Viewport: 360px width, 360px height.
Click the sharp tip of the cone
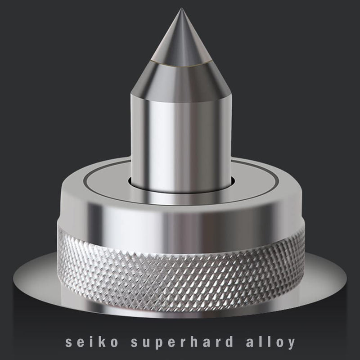tap(181, 9)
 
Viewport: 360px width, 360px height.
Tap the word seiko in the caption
tap(92, 342)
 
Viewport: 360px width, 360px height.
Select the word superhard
tap(182, 343)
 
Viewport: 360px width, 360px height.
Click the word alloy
tap(270, 343)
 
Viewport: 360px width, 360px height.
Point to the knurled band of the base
tap(181, 275)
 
